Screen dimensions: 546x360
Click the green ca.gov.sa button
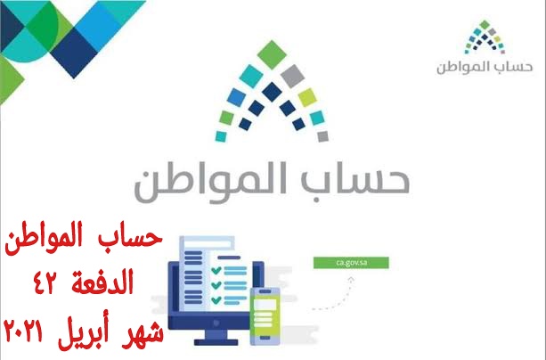pyautogui.click(x=351, y=263)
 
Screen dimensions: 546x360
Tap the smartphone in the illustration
pyautogui.click(x=265, y=316)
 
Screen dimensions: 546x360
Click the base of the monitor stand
pyautogui.click(x=216, y=342)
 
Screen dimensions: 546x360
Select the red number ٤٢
pyautogui.click(x=48, y=282)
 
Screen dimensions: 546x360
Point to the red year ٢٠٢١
pyautogui.click(x=23, y=331)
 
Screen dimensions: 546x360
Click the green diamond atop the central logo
pyautogui.click(x=272, y=54)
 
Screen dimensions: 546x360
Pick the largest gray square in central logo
pyautogui.click(x=292, y=76)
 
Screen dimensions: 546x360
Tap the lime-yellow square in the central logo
pyautogui.click(x=307, y=97)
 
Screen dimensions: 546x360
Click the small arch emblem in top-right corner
pyautogui.click(x=485, y=37)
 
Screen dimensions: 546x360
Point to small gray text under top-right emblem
pyautogui.click(x=485, y=67)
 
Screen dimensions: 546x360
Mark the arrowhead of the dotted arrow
pyautogui.click(x=351, y=279)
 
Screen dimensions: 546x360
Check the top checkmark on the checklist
pyautogui.click(x=216, y=270)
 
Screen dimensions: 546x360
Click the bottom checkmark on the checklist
pyautogui.click(x=216, y=299)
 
